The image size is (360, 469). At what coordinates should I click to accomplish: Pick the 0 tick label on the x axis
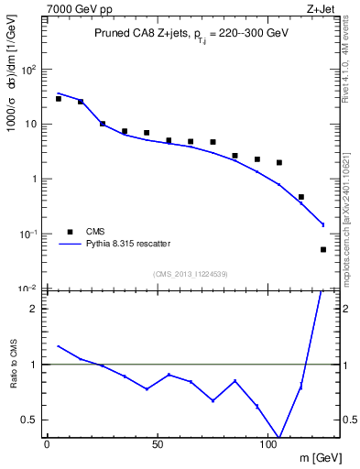(47, 442)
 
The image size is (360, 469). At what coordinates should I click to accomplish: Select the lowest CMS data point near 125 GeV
(323, 249)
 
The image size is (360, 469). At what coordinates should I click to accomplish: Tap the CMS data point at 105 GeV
(279, 162)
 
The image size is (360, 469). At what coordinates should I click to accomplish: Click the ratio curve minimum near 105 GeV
(279, 437)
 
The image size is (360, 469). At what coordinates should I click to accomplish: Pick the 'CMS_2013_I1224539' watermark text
(190, 273)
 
